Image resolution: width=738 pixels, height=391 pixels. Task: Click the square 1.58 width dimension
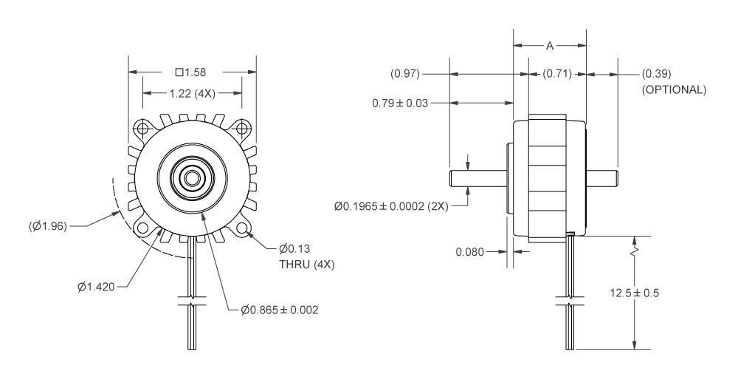coord(192,72)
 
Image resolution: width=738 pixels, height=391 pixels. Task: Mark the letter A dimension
coord(550,46)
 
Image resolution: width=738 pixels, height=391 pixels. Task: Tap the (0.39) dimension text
coord(657,74)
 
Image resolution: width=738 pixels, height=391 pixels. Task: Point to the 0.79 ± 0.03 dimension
coord(399,103)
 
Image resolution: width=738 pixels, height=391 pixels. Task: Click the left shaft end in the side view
coord(451,178)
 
